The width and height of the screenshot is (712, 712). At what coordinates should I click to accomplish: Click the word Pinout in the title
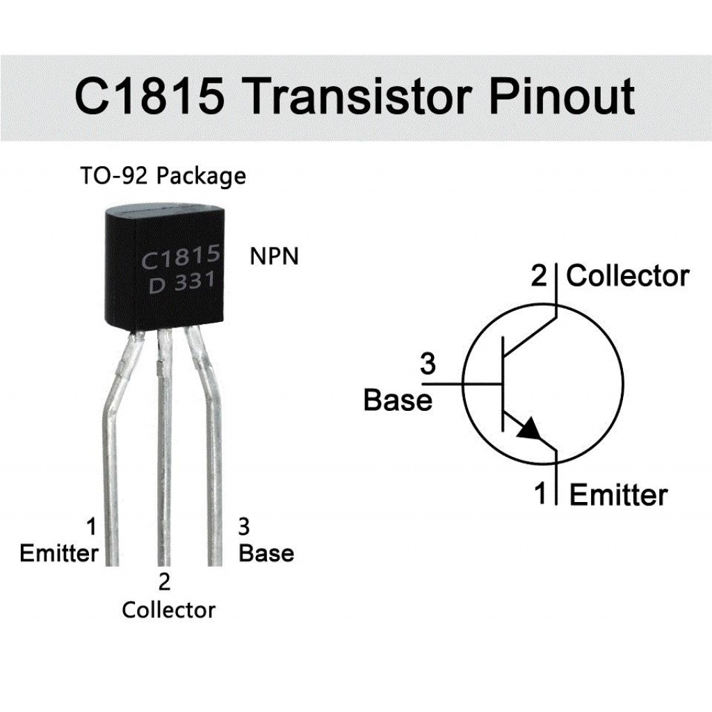562,96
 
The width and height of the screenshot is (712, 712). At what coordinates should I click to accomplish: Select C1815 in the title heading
149,96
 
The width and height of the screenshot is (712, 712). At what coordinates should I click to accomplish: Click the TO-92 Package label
163,176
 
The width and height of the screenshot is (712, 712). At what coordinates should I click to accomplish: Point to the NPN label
274,257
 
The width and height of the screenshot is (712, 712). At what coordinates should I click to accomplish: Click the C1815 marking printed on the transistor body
181,259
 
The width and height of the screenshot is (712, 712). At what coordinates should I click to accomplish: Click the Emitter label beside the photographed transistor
59,553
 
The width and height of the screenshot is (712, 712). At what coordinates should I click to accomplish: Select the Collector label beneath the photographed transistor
168,610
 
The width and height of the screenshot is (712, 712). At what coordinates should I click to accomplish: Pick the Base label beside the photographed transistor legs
266,553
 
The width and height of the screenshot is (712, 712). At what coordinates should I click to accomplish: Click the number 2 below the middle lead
165,581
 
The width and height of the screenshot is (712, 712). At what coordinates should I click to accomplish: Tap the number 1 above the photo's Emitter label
91,526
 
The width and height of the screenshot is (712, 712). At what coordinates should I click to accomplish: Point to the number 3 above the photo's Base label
244,526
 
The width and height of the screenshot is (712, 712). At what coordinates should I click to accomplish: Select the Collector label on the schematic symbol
627,276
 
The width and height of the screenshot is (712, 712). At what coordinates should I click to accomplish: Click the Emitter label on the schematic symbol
618,495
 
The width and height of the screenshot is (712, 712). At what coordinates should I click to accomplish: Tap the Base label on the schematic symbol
398,400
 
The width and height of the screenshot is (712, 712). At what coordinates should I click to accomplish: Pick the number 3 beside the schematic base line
428,364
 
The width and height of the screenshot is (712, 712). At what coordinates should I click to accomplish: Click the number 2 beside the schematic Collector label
540,276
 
